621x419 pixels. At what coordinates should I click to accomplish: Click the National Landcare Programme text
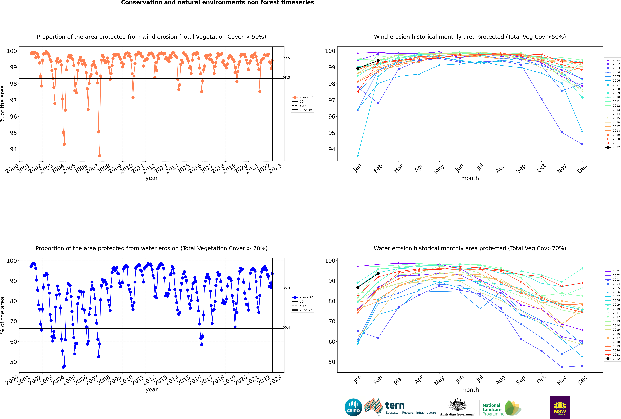(x=492, y=409)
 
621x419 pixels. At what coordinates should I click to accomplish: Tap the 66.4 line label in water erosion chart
(x=286, y=327)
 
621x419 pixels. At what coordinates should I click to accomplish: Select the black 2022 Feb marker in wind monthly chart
(x=378, y=61)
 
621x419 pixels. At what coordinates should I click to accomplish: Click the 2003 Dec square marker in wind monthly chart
(x=582, y=144)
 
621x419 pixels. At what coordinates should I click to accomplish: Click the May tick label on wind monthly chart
(x=439, y=169)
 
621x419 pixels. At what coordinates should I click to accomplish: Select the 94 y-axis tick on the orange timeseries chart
(x=13, y=149)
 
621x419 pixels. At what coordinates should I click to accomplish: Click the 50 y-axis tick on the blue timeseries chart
(x=13, y=362)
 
